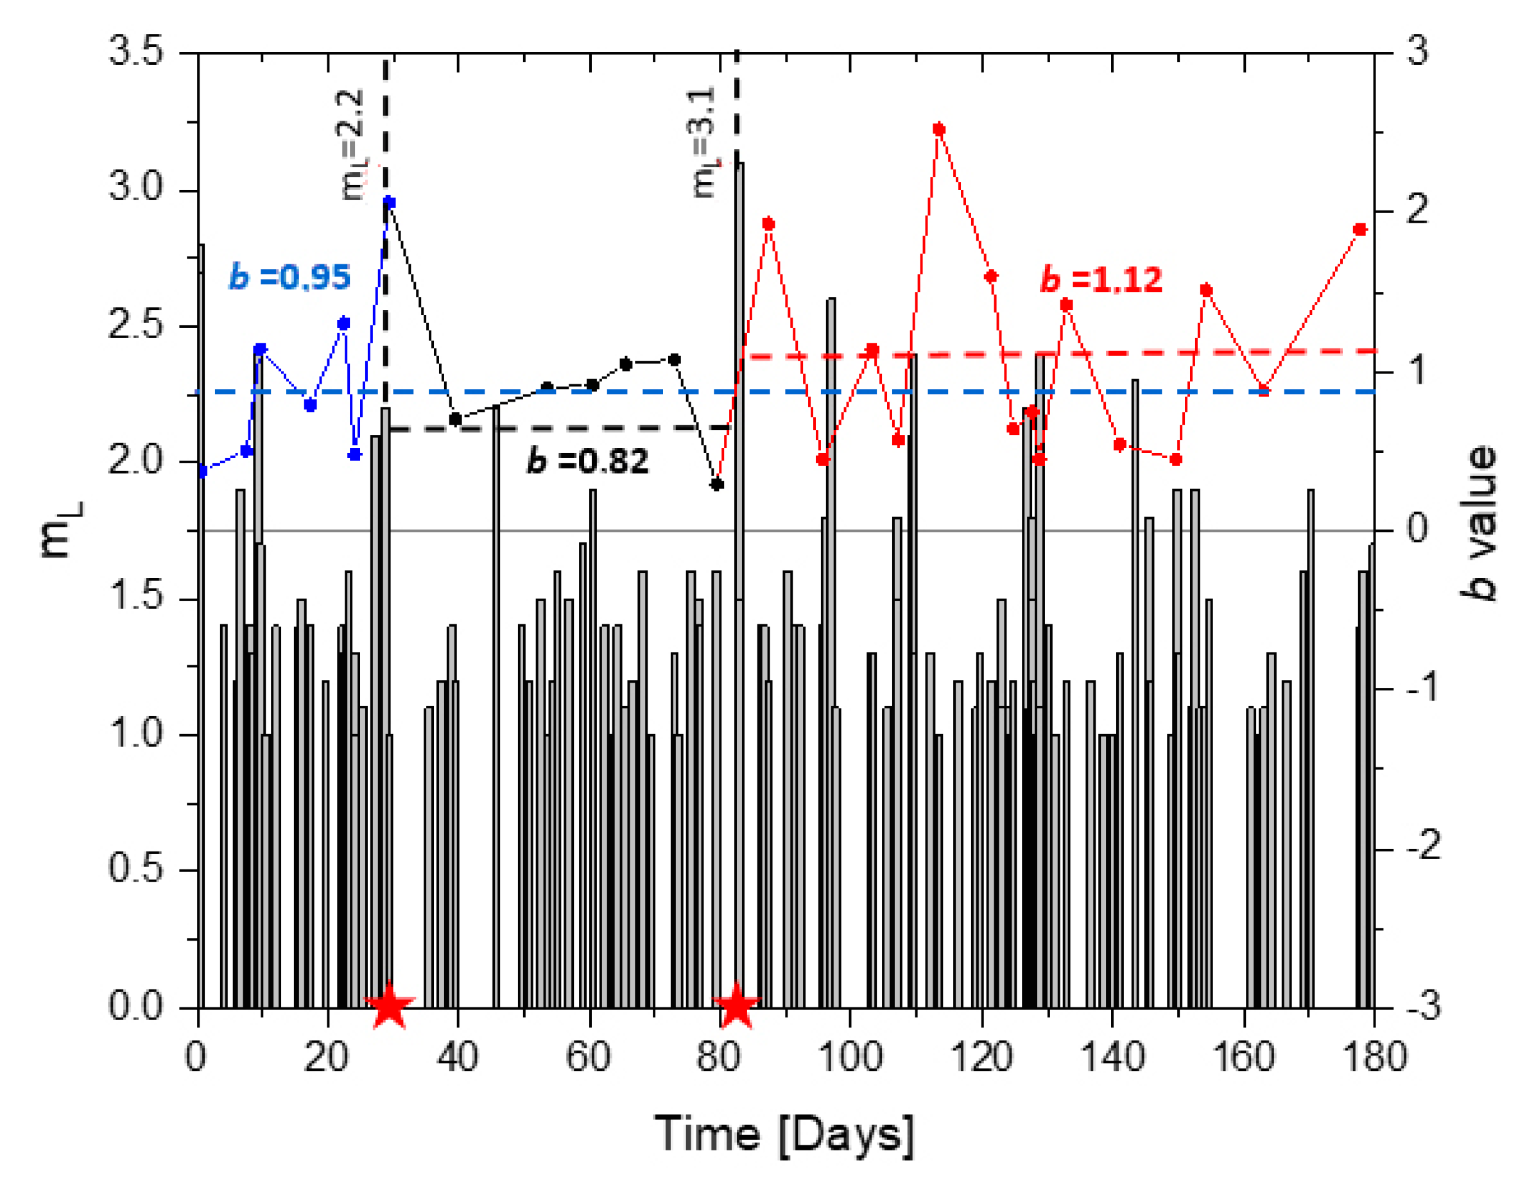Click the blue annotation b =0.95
coord(289,278)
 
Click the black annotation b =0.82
coord(587,461)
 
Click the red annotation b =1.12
coord(1101,280)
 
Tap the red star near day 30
coord(390,1006)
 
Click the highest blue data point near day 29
coord(390,203)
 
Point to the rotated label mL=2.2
coord(353,145)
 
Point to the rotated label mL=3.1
coord(704,142)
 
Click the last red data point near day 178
coord(1360,230)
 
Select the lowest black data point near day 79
coord(717,484)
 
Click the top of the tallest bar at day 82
coord(739,164)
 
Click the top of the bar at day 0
coord(202,245)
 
